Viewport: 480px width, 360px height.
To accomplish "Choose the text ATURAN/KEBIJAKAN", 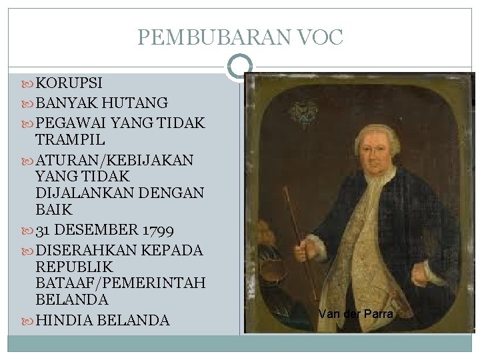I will tap(114, 160).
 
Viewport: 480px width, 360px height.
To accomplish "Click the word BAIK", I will tap(53, 210).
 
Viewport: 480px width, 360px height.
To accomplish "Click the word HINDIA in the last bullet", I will tap(63, 320).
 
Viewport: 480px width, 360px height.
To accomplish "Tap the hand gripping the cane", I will tap(306, 250).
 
